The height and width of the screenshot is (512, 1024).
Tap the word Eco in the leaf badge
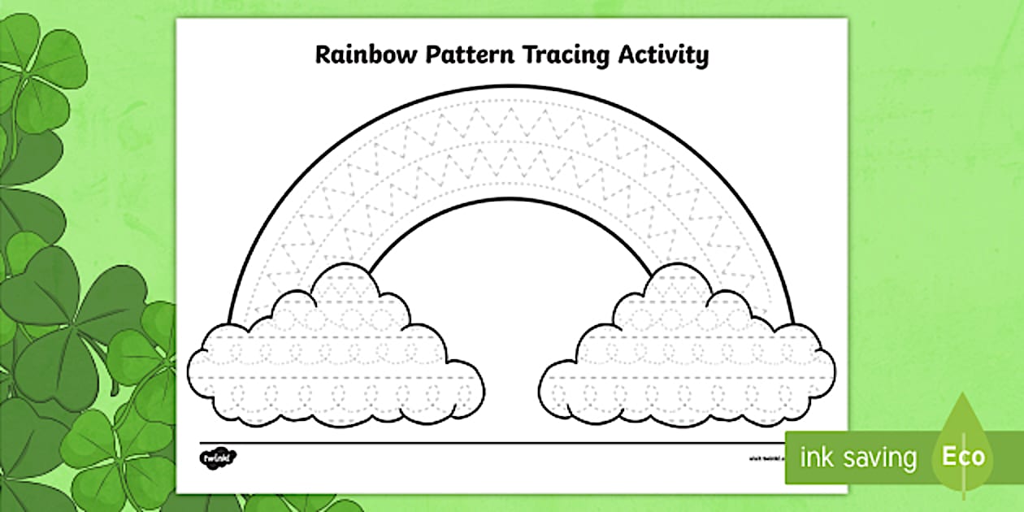click(x=963, y=456)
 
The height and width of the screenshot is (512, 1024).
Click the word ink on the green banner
click(x=817, y=458)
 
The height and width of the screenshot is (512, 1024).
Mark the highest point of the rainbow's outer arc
click(x=512, y=86)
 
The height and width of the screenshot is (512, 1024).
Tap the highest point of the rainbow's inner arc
click(x=512, y=199)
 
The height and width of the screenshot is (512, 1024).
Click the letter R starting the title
click(x=323, y=55)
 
